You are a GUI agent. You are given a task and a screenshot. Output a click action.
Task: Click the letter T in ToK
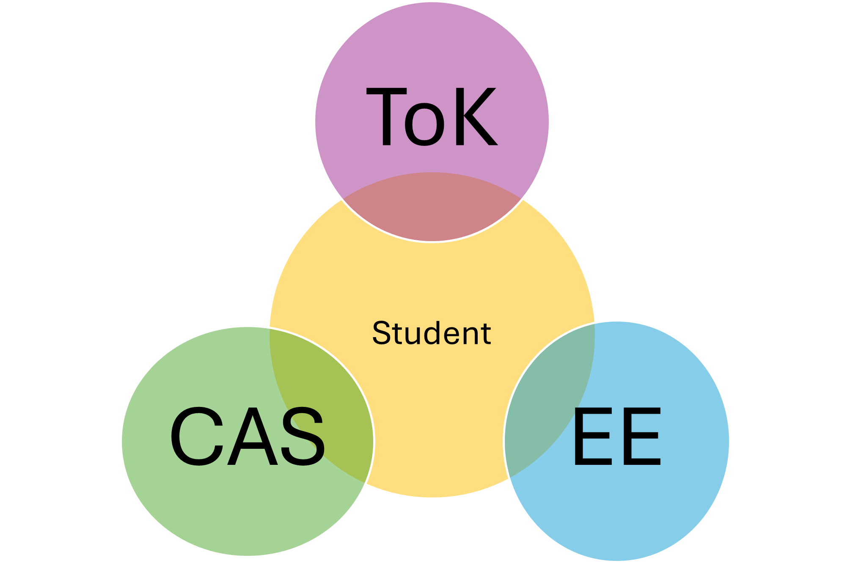click(x=386, y=117)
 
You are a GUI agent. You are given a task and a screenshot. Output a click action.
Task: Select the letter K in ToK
click(x=475, y=117)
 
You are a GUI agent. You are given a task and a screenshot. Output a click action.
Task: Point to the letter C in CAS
click(x=197, y=437)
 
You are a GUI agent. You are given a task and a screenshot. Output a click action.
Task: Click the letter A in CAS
click(x=253, y=437)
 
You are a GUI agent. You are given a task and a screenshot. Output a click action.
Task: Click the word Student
click(x=432, y=333)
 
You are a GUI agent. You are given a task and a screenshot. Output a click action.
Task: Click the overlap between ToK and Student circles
click(x=432, y=207)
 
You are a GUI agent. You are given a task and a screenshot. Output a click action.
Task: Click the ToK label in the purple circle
click(x=432, y=117)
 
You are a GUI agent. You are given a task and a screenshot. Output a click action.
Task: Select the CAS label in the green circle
click(x=248, y=437)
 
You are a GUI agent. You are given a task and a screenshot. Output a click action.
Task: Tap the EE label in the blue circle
click(x=617, y=437)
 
